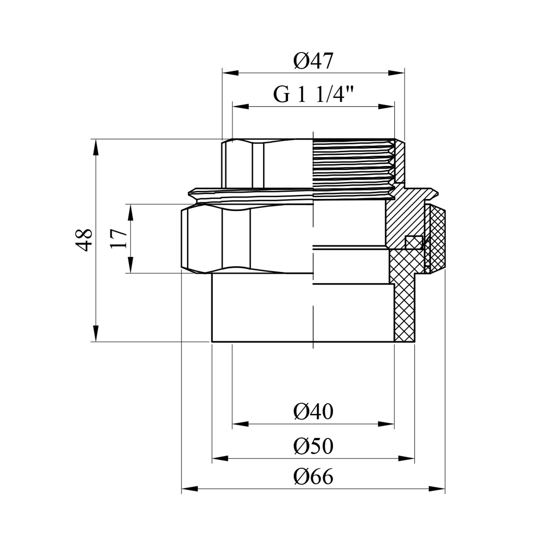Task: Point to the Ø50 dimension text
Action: [x=313, y=446]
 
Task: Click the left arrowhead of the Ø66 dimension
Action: [x=189, y=489]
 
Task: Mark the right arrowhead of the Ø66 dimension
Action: [x=437, y=489]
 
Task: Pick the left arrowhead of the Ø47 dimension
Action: [x=230, y=73]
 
